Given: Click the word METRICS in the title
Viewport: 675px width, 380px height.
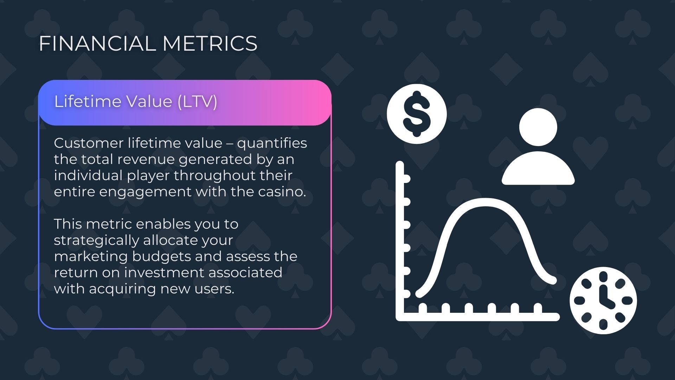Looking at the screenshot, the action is (x=210, y=43).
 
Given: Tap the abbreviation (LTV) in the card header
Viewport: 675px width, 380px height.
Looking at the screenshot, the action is (x=197, y=102).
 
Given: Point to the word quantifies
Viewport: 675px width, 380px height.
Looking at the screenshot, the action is (x=272, y=144).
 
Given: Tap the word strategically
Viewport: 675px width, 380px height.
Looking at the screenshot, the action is (x=97, y=241).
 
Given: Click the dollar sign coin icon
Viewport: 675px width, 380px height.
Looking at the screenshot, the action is (x=417, y=114).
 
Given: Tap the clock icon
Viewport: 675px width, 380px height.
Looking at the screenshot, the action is (x=603, y=300).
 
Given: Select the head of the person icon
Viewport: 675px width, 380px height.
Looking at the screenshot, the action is (x=538, y=127).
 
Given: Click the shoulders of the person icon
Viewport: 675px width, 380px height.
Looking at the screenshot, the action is (x=538, y=168).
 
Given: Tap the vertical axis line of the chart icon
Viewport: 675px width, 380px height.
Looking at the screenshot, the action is (x=400, y=241).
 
